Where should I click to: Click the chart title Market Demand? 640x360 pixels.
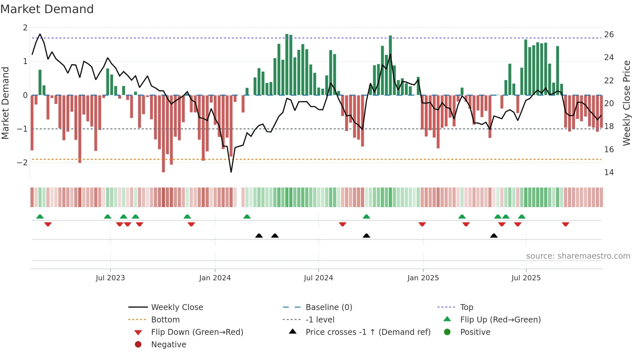47,9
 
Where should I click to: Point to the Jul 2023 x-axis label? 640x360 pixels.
110,278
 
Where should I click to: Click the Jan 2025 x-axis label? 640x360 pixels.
423,278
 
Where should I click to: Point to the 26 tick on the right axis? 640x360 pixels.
609,34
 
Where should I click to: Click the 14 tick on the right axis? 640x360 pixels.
609,172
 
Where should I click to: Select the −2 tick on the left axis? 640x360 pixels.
23,162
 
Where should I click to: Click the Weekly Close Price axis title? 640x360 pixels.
626,103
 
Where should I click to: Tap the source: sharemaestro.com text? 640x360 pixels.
578,256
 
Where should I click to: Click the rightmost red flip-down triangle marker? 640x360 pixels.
566,224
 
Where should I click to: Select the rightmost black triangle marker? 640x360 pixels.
494,236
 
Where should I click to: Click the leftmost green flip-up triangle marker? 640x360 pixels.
40,216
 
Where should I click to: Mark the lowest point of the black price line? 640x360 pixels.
231,172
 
